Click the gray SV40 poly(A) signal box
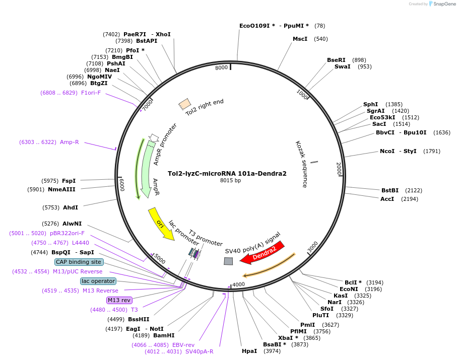pyautogui.click(x=228, y=261)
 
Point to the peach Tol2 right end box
pyautogui.click(x=184, y=104)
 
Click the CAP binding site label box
pyautogui.click(x=79, y=262)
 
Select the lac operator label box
pyautogui.click(x=98, y=281)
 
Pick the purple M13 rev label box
pyautogui.click(x=119, y=300)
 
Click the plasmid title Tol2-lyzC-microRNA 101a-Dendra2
pyautogui.click(x=227, y=174)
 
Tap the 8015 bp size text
pyautogui.click(x=230, y=180)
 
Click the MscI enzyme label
pyautogui.click(x=300, y=39)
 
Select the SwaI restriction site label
pyautogui.click(x=342, y=66)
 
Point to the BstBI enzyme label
pyautogui.click(x=390, y=190)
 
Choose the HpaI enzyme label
pyautogui.click(x=249, y=351)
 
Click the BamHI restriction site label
pyautogui.click(x=164, y=335)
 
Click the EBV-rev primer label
pyautogui.click(x=183, y=344)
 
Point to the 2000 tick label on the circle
pyautogui.click(x=339, y=168)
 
